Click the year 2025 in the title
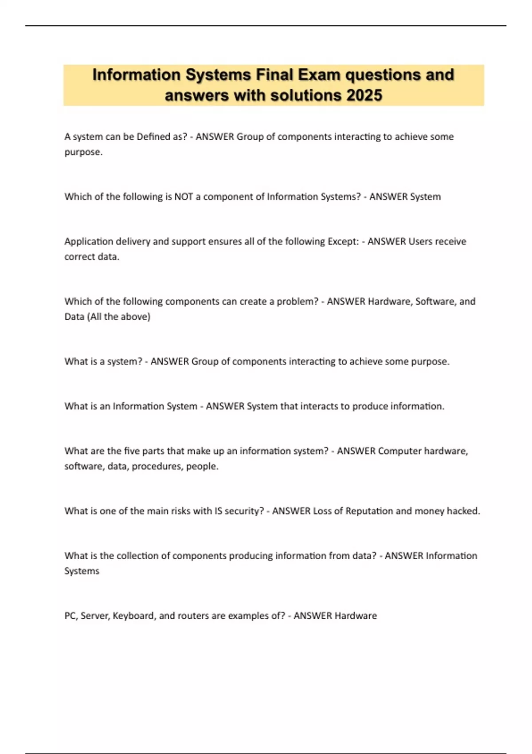pyautogui.click(x=364, y=95)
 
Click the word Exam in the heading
pyautogui.click(x=320, y=75)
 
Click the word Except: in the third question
pyautogui.click(x=343, y=241)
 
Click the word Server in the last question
pyautogui.click(x=95, y=616)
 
